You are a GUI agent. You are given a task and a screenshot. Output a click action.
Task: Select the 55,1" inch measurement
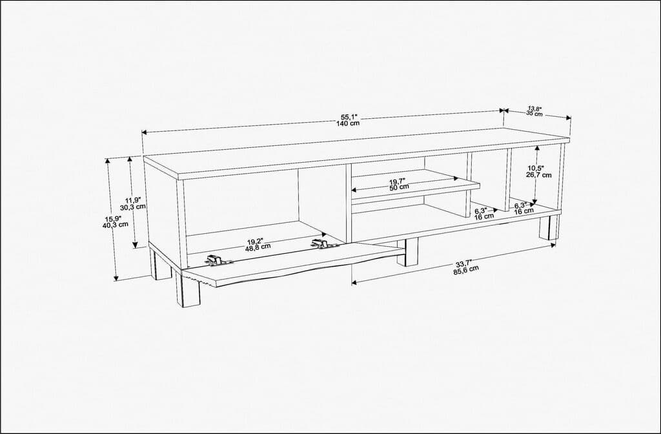349,116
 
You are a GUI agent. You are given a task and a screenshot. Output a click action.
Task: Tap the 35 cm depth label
534,114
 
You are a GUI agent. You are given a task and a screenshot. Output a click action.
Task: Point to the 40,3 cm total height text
115,225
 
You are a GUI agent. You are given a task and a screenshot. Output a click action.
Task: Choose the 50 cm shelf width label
399,187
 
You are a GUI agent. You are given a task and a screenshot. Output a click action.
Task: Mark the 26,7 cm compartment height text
539,174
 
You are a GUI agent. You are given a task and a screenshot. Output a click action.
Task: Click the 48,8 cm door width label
258,248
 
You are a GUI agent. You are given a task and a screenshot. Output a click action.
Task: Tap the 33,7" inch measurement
464,263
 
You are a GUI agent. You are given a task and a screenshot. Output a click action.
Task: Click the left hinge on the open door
218,260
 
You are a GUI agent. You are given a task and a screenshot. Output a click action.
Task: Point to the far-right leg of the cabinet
549,227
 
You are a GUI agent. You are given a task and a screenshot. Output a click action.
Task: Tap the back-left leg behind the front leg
160,266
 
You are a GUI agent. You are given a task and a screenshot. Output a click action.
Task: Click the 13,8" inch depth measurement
534,108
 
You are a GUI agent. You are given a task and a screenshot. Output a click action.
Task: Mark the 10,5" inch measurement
538,167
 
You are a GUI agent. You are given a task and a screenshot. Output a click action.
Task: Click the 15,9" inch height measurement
115,217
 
